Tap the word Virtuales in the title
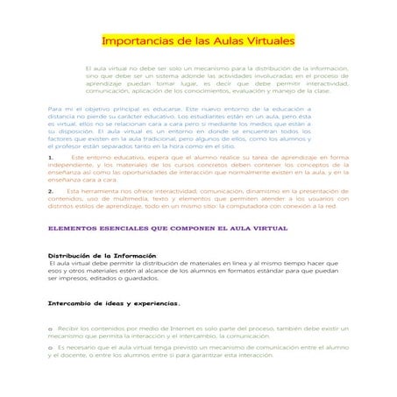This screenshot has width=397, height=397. point(267,42)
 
